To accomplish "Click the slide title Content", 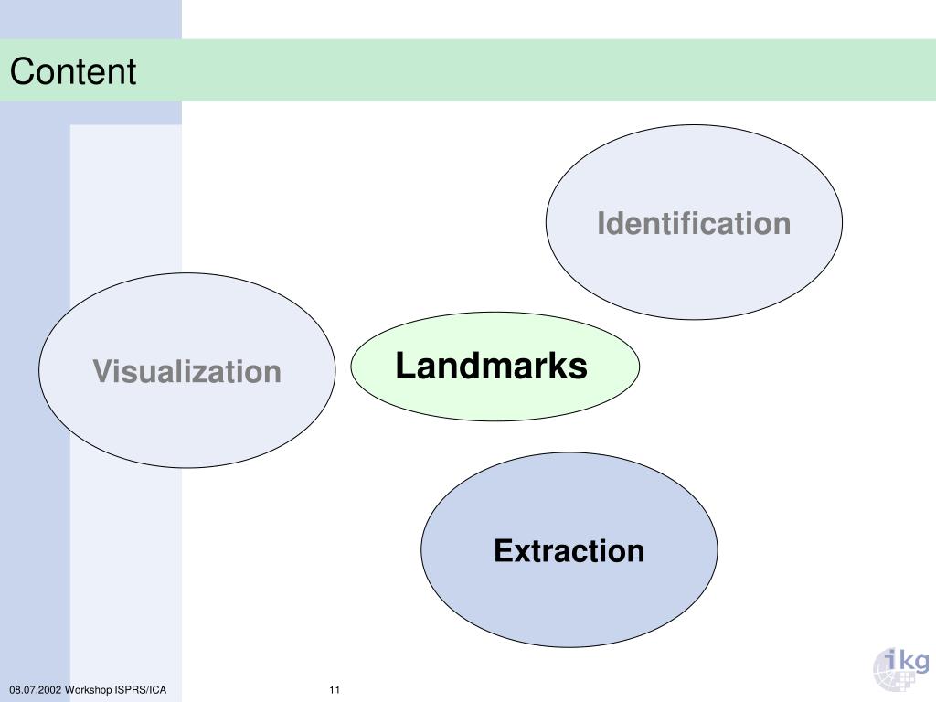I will [x=73, y=71].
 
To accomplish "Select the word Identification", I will [x=694, y=223].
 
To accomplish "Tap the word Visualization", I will [x=186, y=372].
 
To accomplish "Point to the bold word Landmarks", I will [x=491, y=367].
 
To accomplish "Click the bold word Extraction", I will [x=569, y=551].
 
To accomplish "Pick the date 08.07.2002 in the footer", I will [x=36, y=689].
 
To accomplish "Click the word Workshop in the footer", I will [x=90, y=689].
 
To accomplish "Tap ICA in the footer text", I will [x=158, y=689].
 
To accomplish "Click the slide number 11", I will [x=335, y=689].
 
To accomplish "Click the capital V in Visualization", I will [x=101, y=372].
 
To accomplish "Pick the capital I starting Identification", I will [x=601, y=223].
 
